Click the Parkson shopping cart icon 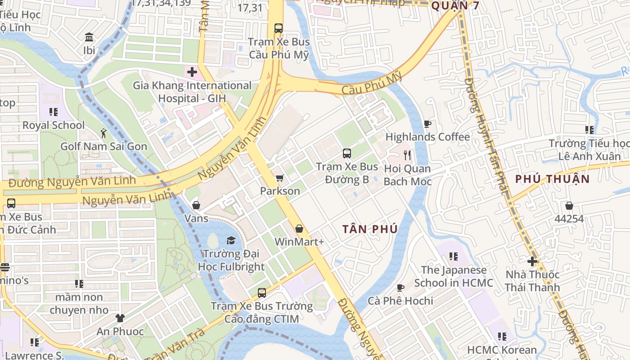coord(279,178)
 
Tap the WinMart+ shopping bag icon coord(299,229)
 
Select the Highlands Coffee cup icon coord(427,124)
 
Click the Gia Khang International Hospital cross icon coord(192,72)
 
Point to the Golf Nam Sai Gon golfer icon coord(104,133)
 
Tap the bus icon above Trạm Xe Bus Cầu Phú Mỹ coord(279,28)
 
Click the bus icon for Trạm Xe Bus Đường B coord(347,153)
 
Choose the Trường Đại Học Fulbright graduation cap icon coord(231,240)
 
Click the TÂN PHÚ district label coord(370,229)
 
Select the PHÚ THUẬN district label coord(553,179)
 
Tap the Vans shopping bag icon coord(196,206)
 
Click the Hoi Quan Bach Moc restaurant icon coord(407,156)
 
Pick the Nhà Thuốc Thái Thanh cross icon coord(532,261)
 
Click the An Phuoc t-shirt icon coord(120,318)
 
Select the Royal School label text coord(54,125)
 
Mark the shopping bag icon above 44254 coord(569,206)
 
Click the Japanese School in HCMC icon coord(454,256)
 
